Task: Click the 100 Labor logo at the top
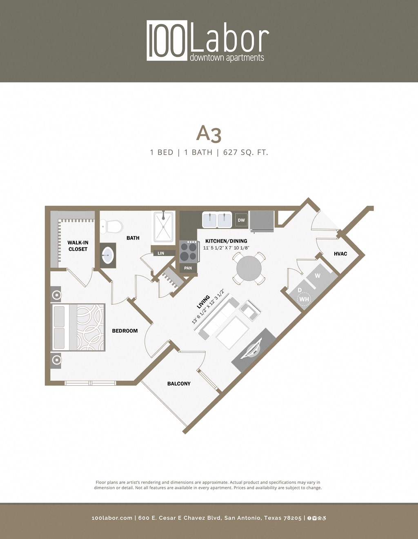point(208,41)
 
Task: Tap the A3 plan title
point(209,134)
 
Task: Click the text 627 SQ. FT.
point(245,153)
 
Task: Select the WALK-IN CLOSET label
point(78,246)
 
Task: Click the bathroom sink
point(108,255)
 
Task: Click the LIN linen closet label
point(161,253)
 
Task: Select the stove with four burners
point(189,251)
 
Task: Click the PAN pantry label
point(188,268)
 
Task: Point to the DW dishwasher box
point(241,220)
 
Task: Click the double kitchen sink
point(217,220)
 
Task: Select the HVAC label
point(340,254)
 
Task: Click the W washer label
point(318,276)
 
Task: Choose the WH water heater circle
point(304,299)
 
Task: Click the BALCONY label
point(179,384)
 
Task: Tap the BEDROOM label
point(125,331)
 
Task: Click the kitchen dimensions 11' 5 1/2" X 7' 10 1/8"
point(226,248)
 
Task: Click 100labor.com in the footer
point(112,518)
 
